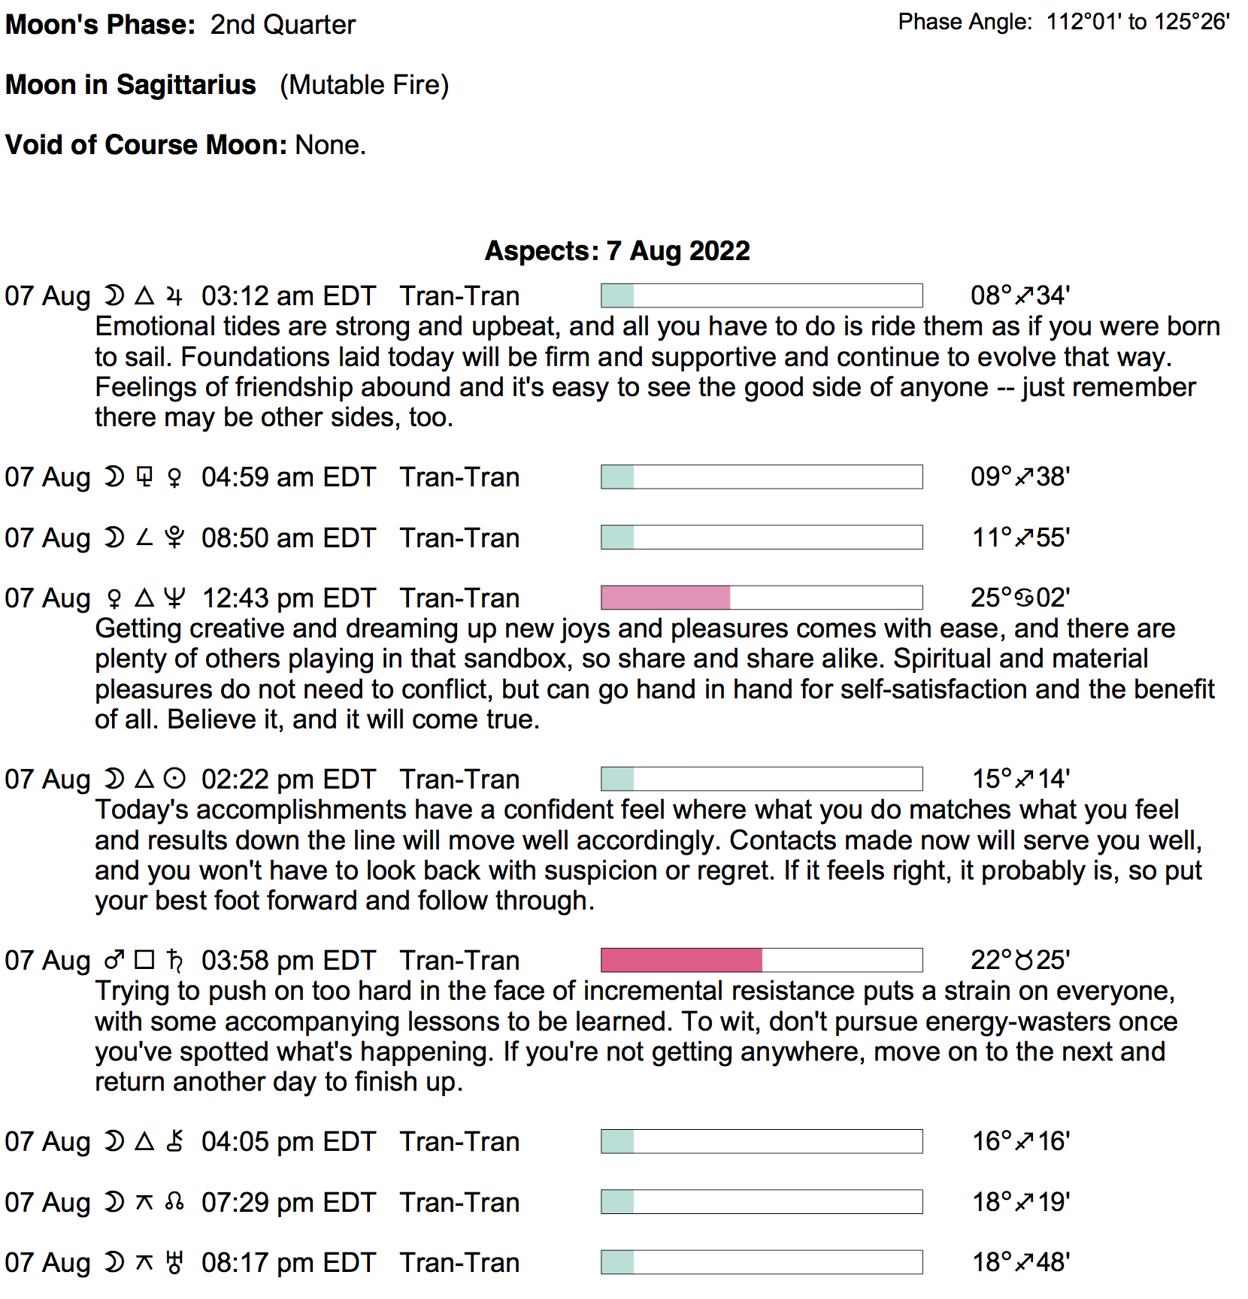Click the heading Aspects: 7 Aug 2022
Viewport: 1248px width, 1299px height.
616,250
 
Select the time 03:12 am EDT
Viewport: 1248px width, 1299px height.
288,296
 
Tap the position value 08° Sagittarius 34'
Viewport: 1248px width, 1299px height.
1019,295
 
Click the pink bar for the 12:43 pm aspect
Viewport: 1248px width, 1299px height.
665,598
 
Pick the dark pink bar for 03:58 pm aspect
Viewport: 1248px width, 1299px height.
681,960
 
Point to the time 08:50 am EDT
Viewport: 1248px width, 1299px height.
288,538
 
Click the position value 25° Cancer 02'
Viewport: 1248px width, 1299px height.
1019,598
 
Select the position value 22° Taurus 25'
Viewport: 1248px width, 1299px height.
1019,960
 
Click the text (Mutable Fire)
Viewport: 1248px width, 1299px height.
364,85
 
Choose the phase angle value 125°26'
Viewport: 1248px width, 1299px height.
1192,22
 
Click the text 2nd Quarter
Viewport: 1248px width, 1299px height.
283,25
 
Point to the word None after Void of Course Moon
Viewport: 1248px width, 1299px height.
329,145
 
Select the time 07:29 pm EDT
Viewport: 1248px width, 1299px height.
288,1203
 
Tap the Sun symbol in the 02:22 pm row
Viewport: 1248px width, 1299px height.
174,779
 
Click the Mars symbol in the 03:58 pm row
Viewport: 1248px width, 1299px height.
114,960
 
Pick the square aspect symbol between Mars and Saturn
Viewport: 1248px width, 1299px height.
144,960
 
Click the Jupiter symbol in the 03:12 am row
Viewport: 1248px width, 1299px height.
174,296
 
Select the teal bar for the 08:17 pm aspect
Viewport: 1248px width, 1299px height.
617,1262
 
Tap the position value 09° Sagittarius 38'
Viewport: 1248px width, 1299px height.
1019,477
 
